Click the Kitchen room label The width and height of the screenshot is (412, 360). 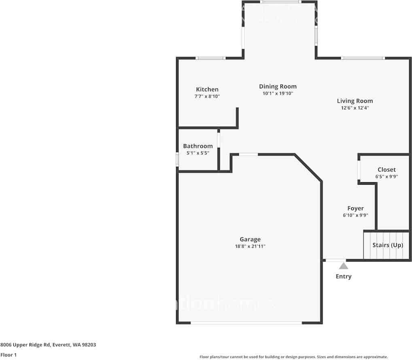(207, 89)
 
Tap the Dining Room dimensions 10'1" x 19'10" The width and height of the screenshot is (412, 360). (278, 94)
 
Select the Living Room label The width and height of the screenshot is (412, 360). (355, 101)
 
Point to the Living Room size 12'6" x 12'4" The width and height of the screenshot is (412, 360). (355, 108)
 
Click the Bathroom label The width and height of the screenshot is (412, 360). (198, 146)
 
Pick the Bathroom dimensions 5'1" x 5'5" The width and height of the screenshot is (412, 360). (198, 153)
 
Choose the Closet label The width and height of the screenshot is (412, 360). (387, 170)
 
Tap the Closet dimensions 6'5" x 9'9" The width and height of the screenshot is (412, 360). (387, 177)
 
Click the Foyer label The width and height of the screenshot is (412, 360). (355, 209)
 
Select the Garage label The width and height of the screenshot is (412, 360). (250, 239)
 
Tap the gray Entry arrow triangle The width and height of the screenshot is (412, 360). (344, 266)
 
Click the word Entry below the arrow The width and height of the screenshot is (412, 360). (344, 277)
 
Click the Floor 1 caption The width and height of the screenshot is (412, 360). (8, 355)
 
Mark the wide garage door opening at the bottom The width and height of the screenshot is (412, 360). (246, 323)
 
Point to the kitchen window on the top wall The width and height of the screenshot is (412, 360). (210, 58)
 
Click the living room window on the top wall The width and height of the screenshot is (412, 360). (362, 58)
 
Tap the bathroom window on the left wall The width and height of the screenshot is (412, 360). (177, 159)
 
